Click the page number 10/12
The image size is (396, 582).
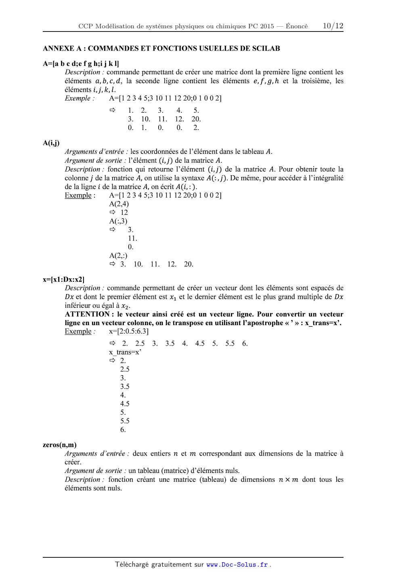333,26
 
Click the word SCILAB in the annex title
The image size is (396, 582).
266,48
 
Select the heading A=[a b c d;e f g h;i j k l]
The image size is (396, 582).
81,63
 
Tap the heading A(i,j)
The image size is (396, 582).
51,143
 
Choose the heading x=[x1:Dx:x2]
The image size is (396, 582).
63,279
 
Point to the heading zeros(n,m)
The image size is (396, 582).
59,445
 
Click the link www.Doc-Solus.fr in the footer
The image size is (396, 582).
237,565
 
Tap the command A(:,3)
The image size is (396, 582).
118,221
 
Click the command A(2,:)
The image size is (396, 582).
118,255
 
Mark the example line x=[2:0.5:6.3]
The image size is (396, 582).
129,331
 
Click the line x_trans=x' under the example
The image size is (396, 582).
125,352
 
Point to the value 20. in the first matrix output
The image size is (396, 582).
196,119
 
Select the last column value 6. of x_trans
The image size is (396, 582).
123,429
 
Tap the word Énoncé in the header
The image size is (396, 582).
296,26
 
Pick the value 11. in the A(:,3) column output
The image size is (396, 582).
132,238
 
